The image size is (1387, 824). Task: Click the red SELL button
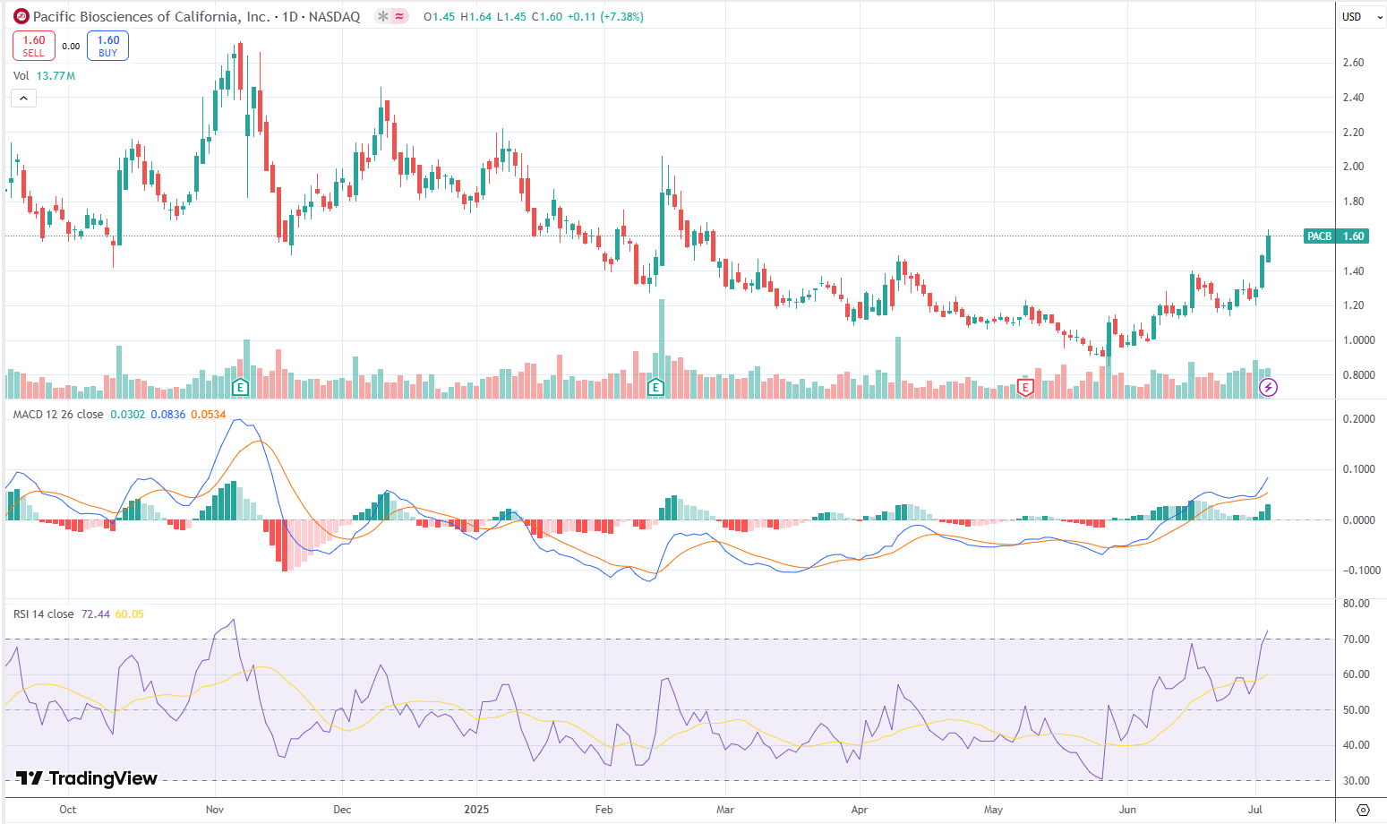[34, 46]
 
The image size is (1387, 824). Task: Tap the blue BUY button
[108, 46]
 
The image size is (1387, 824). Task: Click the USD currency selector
[1357, 16]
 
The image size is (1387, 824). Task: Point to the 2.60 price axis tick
[1353, 63]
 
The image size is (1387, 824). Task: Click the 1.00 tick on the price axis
[1353, 340]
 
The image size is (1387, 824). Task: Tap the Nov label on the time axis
[215, 810]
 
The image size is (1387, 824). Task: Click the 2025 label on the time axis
[476, 810]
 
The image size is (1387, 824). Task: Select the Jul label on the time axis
[1255, 810]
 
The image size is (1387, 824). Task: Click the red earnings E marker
[1026, 388]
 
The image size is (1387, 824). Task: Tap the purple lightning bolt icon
[1268, 388]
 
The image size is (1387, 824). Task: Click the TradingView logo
[87, 778]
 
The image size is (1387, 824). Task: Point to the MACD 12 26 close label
[58, 415]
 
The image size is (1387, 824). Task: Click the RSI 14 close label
[44, 614]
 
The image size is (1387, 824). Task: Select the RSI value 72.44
[95, 614]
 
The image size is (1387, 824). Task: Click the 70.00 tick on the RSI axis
[1357, 639]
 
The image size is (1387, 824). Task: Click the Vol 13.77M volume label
[44, 76]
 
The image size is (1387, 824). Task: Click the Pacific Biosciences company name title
[151, 17]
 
